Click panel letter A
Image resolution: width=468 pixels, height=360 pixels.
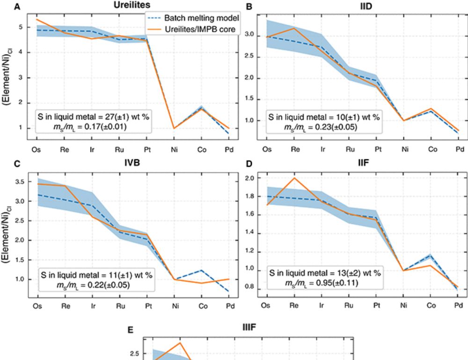(18, 7)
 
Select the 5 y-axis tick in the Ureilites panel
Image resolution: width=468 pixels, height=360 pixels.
(28, 27)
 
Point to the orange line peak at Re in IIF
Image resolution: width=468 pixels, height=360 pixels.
(294, 178)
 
